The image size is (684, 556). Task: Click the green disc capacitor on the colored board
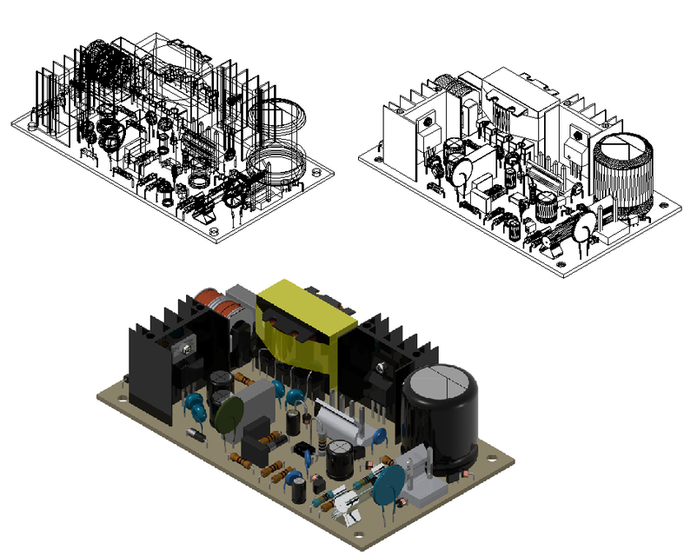pos(228,415)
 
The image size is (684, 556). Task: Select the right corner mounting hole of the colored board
pos(496,453)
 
